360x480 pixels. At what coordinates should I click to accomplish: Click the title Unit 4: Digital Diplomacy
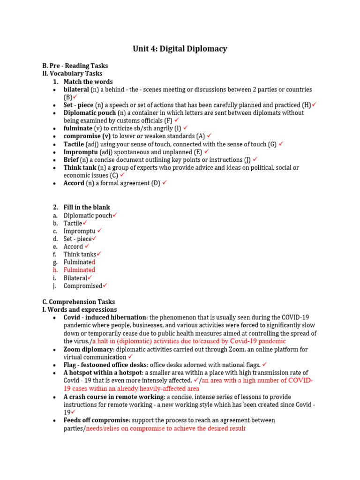pos(180,49)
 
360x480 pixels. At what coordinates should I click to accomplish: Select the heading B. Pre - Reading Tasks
pos(75,66)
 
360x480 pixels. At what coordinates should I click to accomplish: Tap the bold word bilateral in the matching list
pos(76,89)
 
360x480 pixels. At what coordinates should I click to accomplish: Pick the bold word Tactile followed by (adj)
pos(74,144)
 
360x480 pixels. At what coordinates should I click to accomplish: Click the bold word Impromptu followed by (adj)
pos(80,152)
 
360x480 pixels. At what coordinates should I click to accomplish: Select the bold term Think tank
pos(80,167)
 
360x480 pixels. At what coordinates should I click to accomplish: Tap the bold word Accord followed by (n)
pos(74,183)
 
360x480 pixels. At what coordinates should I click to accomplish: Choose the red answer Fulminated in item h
pos(79,270)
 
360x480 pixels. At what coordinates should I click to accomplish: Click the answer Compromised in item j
pos(82,286)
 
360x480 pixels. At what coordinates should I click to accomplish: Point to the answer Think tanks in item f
pos(80,254)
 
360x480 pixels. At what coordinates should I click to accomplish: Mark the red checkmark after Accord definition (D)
pos(165,183)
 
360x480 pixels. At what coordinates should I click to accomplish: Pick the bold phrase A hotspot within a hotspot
pos(103,373)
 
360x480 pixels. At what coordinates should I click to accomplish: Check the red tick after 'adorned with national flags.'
pos(264,364)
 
